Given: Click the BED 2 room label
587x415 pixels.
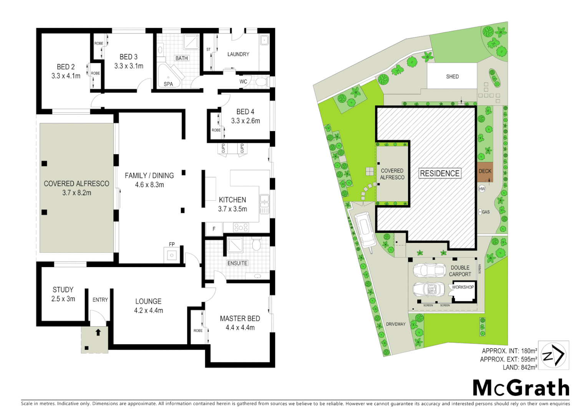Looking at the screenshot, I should [66, 67].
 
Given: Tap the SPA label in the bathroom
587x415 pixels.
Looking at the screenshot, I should [168, 84].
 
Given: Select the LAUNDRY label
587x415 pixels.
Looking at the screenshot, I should [238, 54].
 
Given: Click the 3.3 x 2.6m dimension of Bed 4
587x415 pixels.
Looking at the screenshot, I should [245, 121].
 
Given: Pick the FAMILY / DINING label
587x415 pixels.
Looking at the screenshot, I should [149, 176].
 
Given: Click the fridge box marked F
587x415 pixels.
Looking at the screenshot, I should [214, 229].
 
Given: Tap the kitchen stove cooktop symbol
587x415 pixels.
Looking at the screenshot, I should [241, 227].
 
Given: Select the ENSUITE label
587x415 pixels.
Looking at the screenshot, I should [237, 263].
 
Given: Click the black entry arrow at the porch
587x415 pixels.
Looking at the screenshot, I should [98, 332].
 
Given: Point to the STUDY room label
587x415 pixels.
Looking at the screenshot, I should [63, 290].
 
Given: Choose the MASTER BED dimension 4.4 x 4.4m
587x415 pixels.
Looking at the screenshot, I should [240, 328].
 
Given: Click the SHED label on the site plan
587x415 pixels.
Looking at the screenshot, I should [452, 76].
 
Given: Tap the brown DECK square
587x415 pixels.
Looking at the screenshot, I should [485, 171].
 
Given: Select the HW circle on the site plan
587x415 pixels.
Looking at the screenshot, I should [482, 189].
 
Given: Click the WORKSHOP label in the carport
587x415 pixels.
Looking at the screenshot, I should [463, 287].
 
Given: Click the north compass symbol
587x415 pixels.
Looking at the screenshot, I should [553, 355].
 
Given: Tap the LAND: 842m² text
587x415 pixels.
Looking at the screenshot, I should [520, 367].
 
